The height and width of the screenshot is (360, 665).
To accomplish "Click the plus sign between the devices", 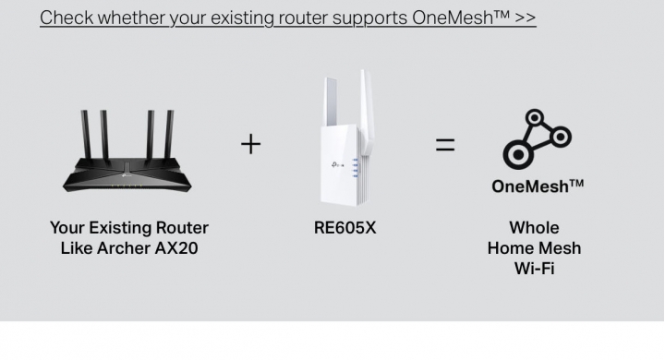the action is click(x=250, y=144).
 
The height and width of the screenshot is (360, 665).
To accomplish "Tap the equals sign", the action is click(x=445, y=144).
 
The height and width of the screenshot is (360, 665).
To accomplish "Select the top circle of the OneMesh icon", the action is click(x=535, y=118).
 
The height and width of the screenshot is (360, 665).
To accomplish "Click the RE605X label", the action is click(x=345, y=227).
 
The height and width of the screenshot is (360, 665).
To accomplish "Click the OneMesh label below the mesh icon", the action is click(x=538, y=186).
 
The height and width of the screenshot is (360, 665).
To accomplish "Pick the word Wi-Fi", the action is click(x=534, y=270).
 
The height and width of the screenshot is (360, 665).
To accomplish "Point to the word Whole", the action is click(x=534, y=227).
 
